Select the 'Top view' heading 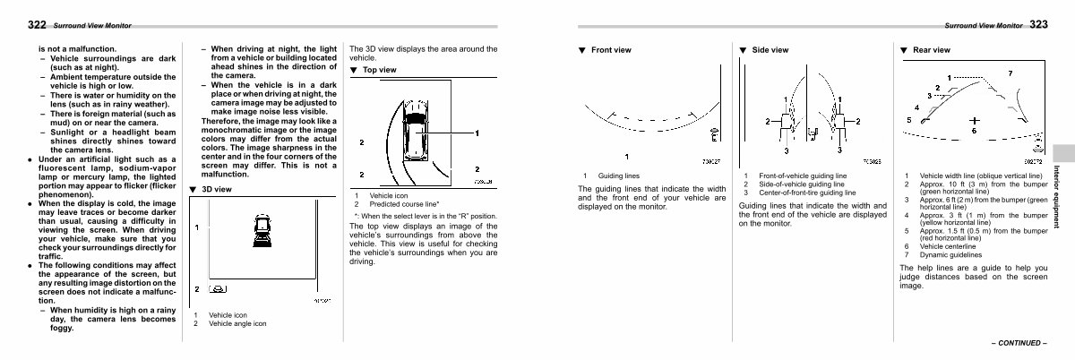[380, 69]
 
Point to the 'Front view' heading [611, 50]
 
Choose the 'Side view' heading [770, 50]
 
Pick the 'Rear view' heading [930, 50]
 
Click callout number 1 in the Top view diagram [477, 133]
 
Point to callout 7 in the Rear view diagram [1010, 73]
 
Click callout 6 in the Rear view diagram [974, 132]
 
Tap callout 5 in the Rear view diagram [909, 120]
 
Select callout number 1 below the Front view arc [639, 155]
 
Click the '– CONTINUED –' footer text [1018, 343]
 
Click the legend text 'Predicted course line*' [404, 204]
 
